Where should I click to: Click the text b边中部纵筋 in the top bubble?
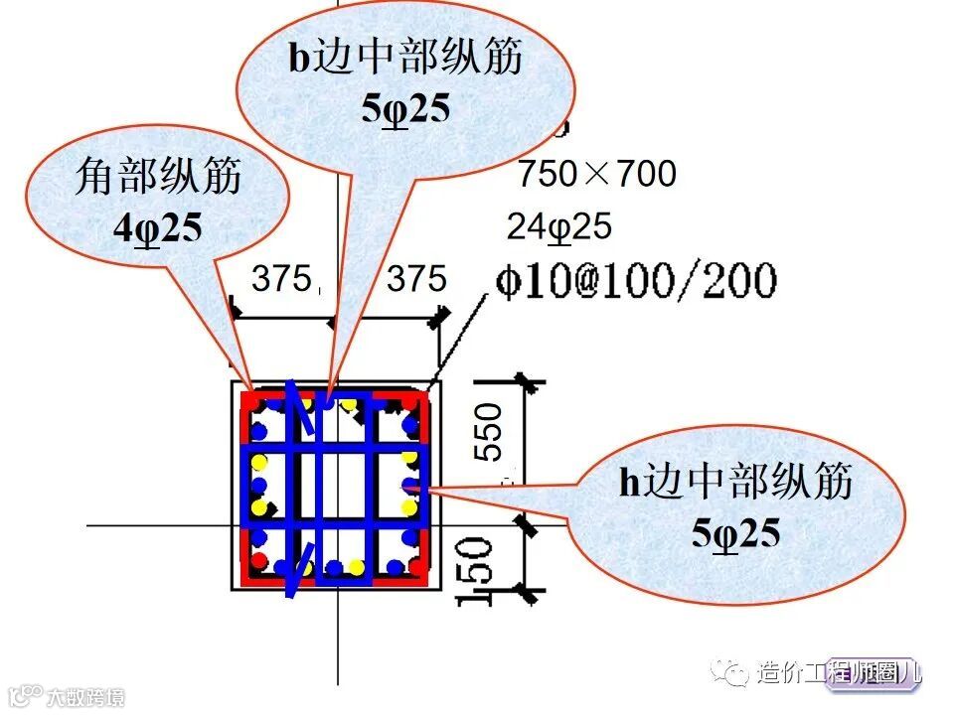pyautogui.click(x=405, y=58)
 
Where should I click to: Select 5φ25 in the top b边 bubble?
pyautogui.click(x=405, y=107)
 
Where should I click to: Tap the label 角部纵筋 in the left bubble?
pyautogui.click(x=158, y=179)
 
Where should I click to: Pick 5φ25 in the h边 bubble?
pyautogui.click(x=736, y=533)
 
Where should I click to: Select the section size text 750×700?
pyautogui.click(x=596, y=175)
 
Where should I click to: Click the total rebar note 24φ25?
pyautogui.click(x=559, y=227)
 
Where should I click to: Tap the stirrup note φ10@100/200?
pyautogui.click(x=635, y=281)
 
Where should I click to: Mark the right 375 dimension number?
pyautogui.click(x=416, y=279)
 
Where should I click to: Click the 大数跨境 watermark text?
pyautogui.click(x=88, y=696)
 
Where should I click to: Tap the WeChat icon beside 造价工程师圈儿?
pyautogui.click(x=736, y=673)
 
